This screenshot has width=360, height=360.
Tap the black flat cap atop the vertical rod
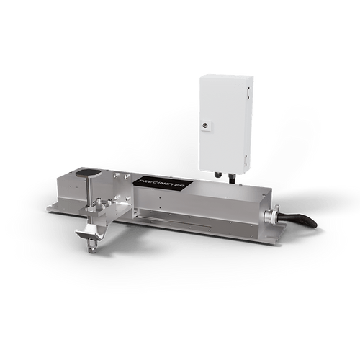coord(89,174)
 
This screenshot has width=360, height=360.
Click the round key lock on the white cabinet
coord(207,126)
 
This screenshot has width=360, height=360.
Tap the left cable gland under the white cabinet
coord(215,175)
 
